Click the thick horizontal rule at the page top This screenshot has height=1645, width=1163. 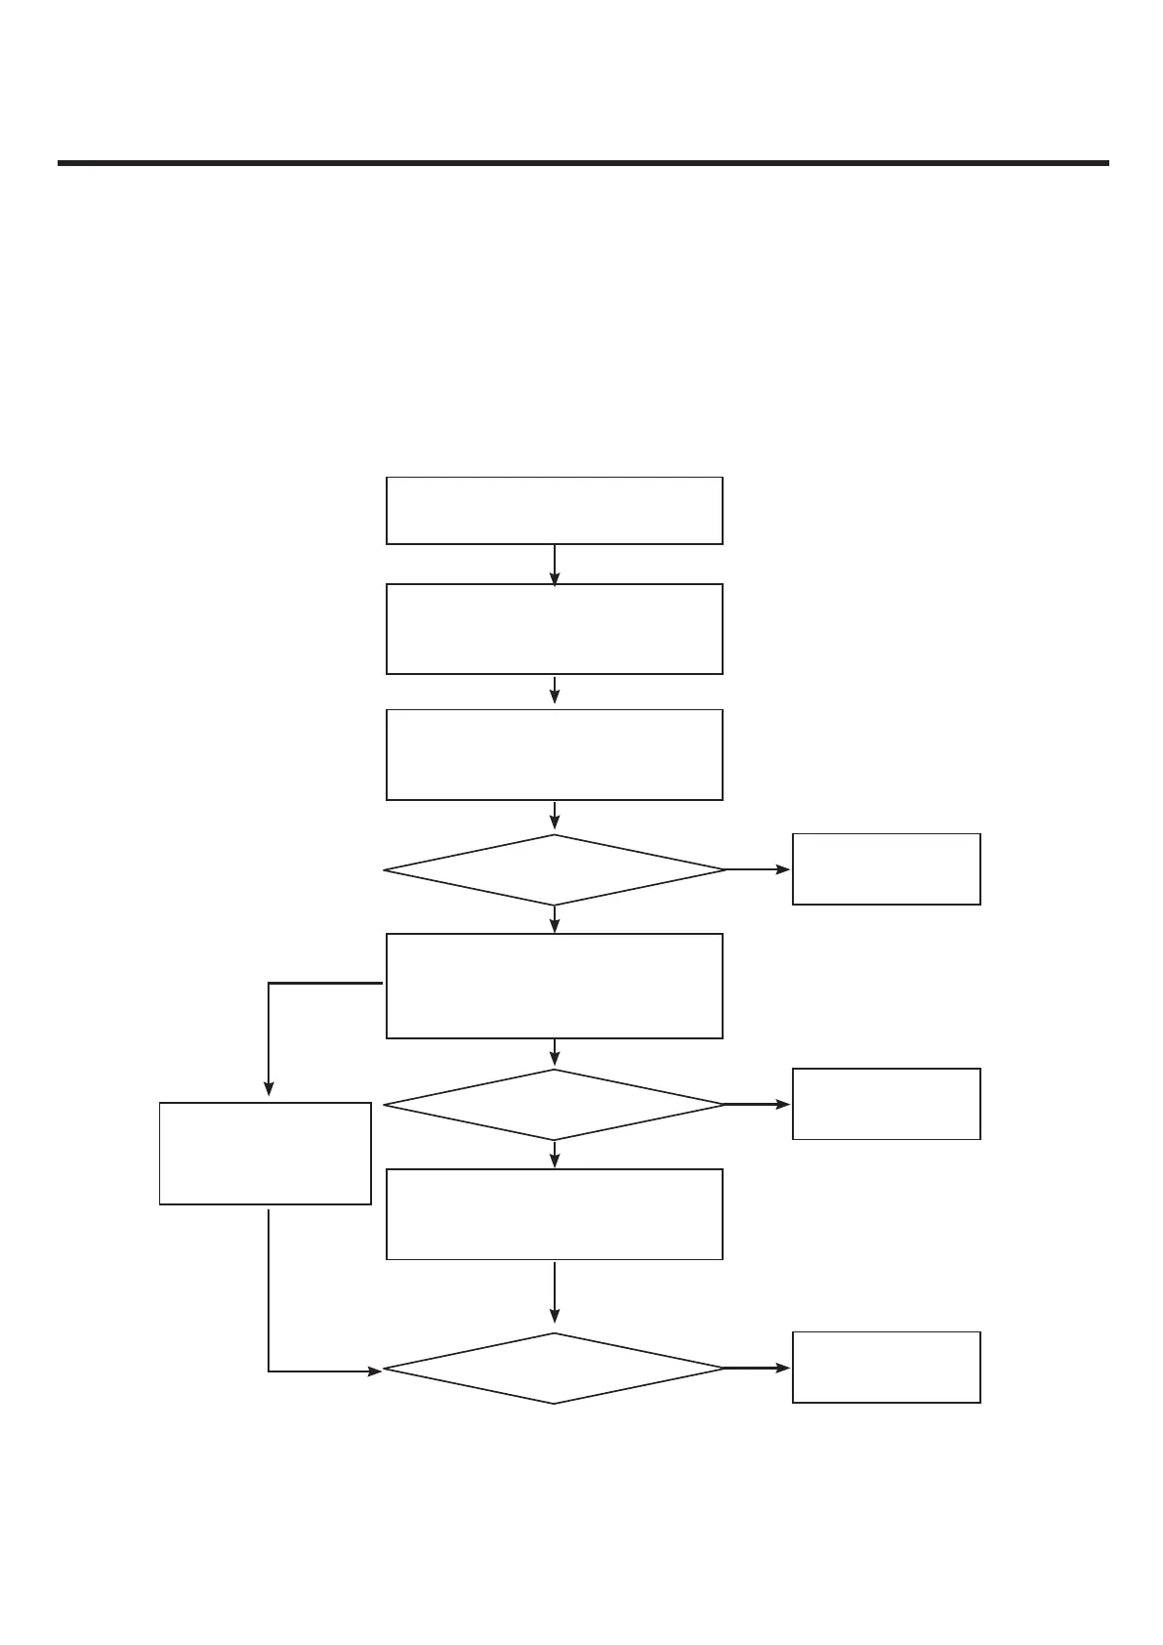tap(583, 163)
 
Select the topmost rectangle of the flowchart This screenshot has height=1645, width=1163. tap(554, 510)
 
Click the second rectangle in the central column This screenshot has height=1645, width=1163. tap(554, 629)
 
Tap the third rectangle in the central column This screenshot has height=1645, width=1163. tap(554, 754)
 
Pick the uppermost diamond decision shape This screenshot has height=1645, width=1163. tap(554, 869)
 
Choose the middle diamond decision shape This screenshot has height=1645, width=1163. tap(554, 1105)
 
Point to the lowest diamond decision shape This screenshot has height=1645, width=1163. tap(554, 1369)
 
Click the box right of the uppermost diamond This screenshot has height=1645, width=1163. tap(886, 869)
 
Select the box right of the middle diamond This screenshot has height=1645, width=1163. tap(886, 1104)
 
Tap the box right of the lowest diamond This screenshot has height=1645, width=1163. tap(886, 1368)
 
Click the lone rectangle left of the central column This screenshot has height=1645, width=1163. tap(265, 1154)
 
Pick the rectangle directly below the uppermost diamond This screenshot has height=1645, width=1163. tap(554, 986)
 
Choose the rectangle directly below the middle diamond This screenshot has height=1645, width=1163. tap(554, 1214)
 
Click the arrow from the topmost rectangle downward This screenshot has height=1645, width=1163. tap(555, 565)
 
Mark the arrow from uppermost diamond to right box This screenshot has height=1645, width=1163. tap(758, 869)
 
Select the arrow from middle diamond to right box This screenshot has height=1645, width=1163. tap(758, 1105)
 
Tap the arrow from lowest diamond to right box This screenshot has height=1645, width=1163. tap(758, 1369)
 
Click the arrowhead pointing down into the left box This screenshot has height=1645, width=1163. tap(269, 1090)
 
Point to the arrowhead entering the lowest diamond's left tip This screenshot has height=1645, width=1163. tap(374, 1371)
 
